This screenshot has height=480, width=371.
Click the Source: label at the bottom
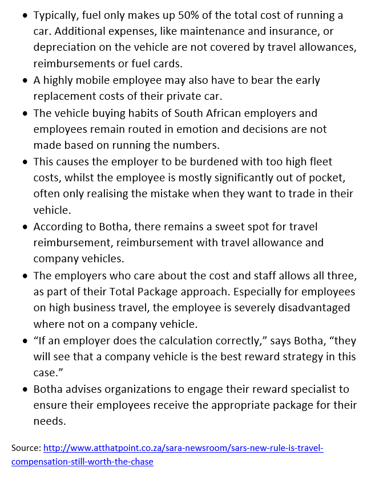tap(26, 448)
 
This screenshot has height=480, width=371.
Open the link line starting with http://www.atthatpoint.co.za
tap(183, 448)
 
